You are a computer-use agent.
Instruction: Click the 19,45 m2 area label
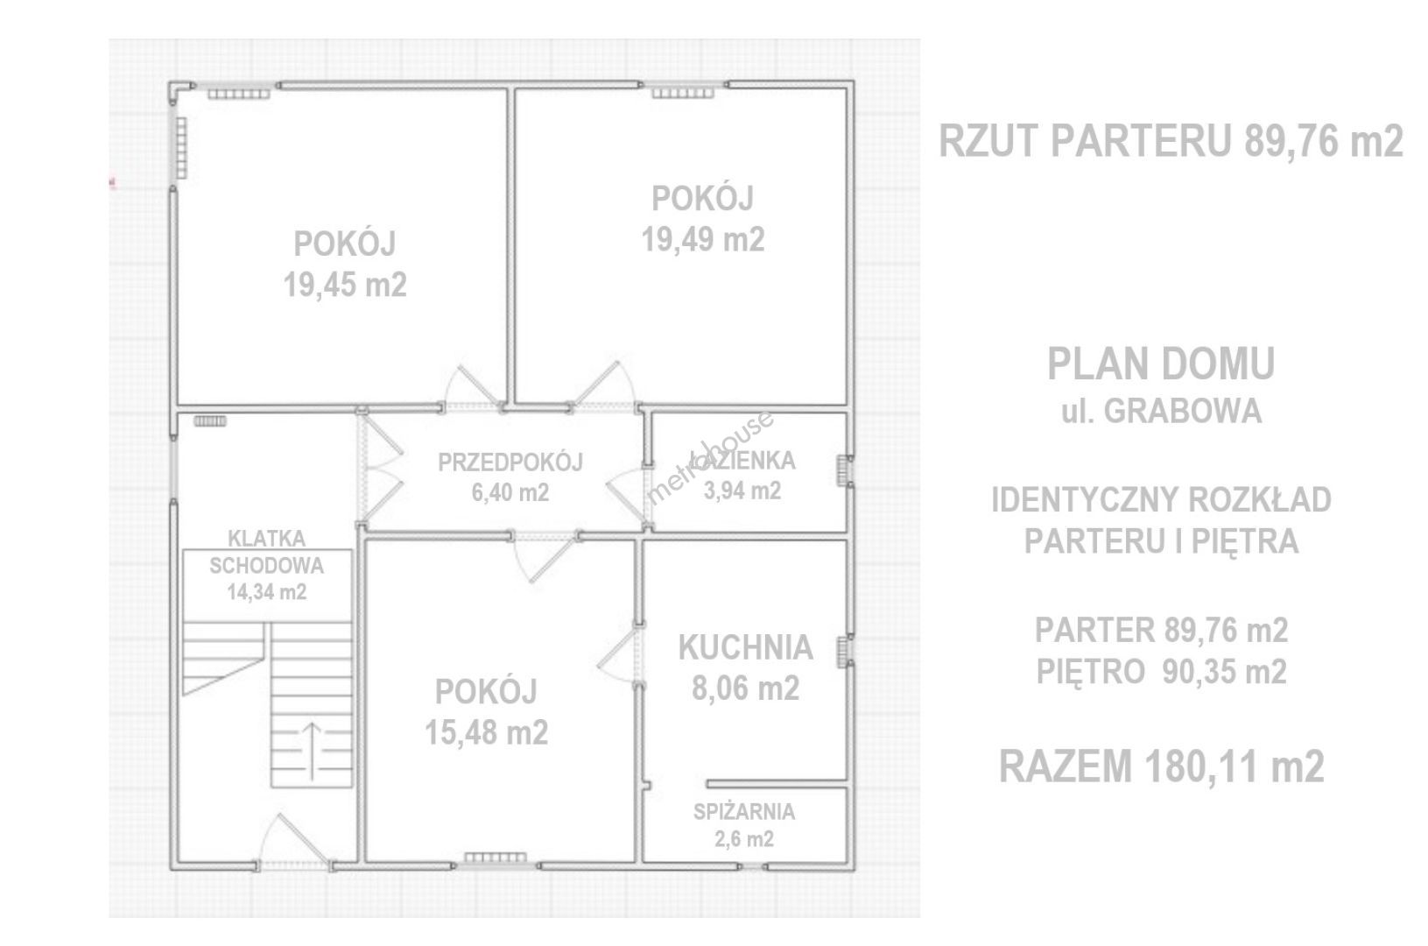point(345,285)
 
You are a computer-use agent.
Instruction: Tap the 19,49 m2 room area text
point(702,240)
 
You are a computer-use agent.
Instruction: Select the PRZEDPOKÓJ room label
point(510,462)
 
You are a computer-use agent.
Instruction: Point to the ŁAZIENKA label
point(742,460)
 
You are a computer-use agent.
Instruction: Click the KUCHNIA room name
point(745,647)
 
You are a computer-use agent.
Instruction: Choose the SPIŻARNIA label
point(744,812)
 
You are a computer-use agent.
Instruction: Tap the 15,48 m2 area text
point(487,732)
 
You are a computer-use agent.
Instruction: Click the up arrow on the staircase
point(311,752)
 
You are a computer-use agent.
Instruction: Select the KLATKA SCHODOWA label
point(266,553)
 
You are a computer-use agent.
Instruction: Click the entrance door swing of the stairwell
point(294,839)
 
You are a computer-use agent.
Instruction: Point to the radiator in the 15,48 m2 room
point(496,858)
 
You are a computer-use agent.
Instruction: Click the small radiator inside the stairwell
point(210,421)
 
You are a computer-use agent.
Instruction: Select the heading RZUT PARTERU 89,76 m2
point(1171,141)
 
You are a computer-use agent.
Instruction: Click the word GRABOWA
point(1183,412)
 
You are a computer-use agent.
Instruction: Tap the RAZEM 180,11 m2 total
point(1162,766)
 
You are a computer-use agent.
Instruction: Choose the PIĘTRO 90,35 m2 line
point(1162,671)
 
